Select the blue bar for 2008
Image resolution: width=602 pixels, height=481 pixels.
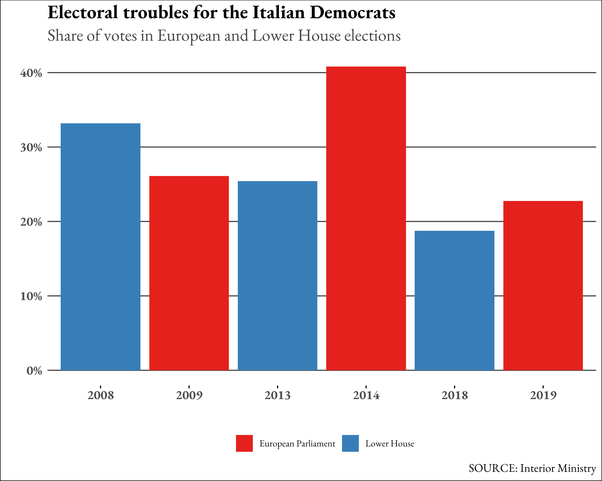(x=100, y=247)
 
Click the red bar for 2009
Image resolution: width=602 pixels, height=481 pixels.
(x=189, y=273)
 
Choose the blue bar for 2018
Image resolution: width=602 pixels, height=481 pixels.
(x=455, y=300)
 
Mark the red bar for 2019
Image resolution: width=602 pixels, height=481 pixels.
(x=543, y=286)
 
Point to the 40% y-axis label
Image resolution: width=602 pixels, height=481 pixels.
(x=31, y=73)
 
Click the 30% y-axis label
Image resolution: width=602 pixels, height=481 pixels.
(x=31, y=148)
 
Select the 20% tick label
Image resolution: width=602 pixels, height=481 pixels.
(x=31, y=222)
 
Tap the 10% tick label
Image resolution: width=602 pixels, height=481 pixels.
(x=31, y=296)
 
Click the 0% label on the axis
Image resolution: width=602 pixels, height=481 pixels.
(x=34, y=371)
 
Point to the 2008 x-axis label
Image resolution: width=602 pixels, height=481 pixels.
(x=100, y=396)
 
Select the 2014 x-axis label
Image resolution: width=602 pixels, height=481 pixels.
(x=366, y=396)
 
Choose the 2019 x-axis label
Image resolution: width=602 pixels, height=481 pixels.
(x=543, y=396)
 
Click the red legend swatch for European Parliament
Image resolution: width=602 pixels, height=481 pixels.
(x=244, y=443)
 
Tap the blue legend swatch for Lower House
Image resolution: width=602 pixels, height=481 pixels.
(x=350, y=443)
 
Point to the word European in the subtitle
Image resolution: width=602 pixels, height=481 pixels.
(x=189, y=36)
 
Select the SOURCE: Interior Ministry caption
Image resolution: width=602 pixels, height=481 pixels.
(x=532, y=469)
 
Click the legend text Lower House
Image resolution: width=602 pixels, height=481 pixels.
(x=390, y=444)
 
